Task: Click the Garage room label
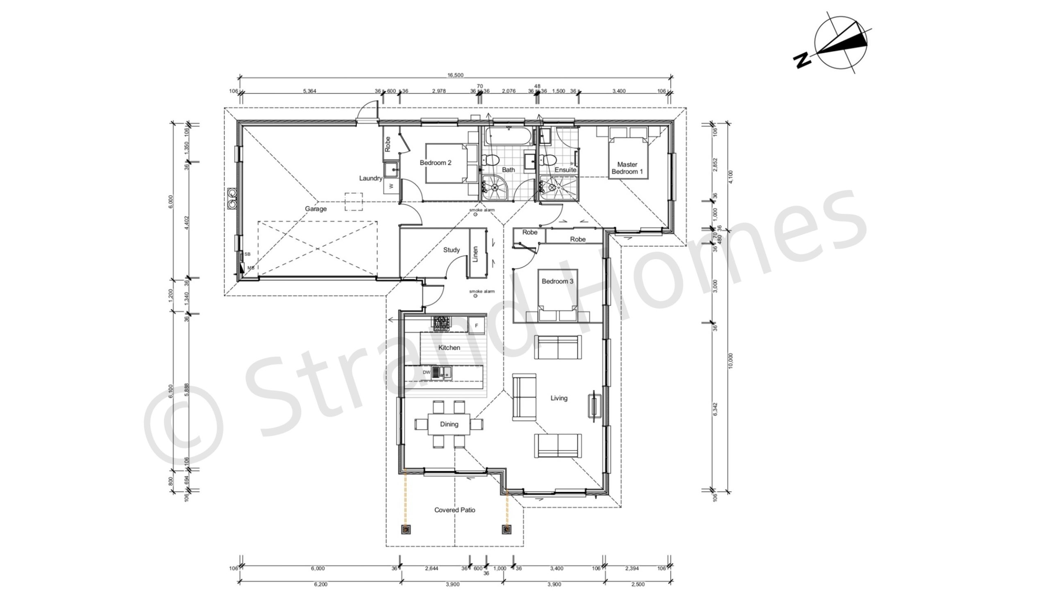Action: (316, 209)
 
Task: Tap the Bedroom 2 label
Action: (436, 163)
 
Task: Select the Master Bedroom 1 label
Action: (627, 168)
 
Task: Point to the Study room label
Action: (451, 250)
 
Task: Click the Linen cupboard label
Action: (475, 254)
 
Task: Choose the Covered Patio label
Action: (454, 510)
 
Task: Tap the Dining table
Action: (449, 424)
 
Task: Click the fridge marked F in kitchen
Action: (477, 325)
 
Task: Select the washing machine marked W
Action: (391, 186)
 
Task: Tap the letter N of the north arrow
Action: (803, 60)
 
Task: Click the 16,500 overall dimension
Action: (455, 75)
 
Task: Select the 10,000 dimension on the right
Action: (731, 361)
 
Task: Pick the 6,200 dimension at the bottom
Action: (320, 584)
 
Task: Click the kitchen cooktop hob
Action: (442, 323)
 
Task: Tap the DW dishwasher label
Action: (426, 373)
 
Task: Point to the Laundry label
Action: (370, 178)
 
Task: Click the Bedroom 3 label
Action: (557, 282)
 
